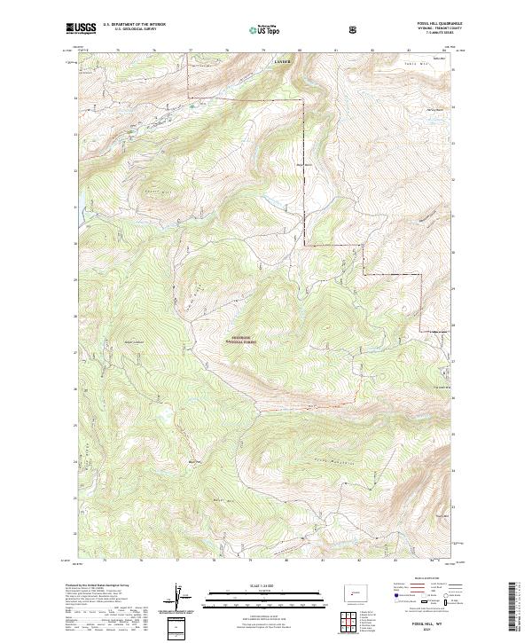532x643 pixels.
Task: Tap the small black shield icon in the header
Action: pyautogui.click(x=354, y=29)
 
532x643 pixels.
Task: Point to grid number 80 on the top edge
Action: pyautogui.click(x=300, y=51)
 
